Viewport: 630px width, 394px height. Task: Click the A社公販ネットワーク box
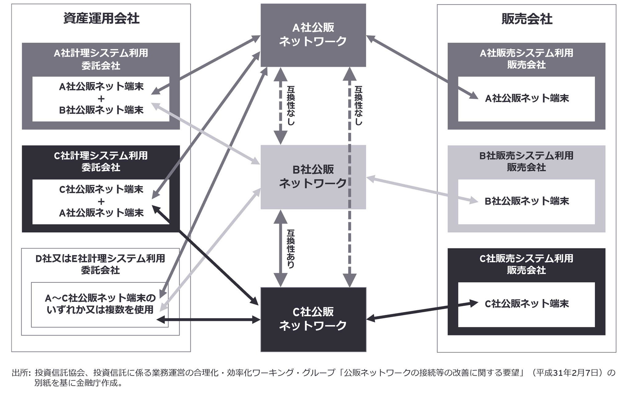[313, 35]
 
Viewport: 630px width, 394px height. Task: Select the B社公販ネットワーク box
[313, 177]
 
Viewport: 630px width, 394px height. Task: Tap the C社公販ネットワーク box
[313, 319]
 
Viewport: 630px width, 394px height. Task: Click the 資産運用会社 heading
[101, 18]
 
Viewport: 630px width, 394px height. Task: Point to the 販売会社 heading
[527, 19]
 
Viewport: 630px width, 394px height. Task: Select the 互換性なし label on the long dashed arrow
[358, 106]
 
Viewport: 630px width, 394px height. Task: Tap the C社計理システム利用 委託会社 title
[101, 161]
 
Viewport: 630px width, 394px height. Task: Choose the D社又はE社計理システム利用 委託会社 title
[100, 264]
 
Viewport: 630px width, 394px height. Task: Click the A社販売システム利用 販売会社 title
[526, 59]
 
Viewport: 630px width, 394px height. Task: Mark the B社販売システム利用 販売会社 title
[526, 161]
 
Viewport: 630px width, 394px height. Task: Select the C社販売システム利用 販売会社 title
[526, 264]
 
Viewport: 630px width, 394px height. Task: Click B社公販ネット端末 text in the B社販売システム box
[527, 201]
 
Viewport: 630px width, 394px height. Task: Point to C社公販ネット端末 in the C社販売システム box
[527, 304]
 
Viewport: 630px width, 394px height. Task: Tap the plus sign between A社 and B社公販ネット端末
[101, 99]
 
